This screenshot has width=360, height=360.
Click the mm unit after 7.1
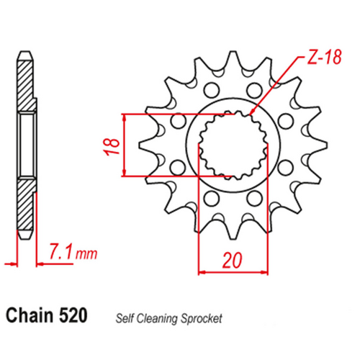click(86, 253)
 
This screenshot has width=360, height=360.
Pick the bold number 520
click(73, 315)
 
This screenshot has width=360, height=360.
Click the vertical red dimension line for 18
click(127, 144)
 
